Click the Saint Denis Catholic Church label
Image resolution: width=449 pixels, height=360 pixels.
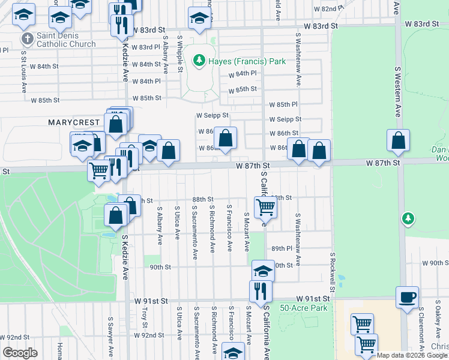coord(65,40)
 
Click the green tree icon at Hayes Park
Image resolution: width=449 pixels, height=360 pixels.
coord(198,61)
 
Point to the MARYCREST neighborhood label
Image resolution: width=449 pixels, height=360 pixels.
coord(74,122)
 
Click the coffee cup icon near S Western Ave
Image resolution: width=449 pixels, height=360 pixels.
coord(407,296)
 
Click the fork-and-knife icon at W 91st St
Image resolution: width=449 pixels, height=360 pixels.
coord(261,291)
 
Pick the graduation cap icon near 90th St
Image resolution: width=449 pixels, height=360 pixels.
coord(263,271)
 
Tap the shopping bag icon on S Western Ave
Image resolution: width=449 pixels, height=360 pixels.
coord(398,141)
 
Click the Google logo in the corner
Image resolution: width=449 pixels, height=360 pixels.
coord(20,353)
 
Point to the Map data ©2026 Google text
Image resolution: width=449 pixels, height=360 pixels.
coord(412,355)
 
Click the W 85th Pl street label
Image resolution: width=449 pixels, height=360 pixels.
coord(283,104)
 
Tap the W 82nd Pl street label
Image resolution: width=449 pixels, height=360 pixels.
coord(334,9)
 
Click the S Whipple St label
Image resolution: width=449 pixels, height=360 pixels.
coord(179,53)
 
